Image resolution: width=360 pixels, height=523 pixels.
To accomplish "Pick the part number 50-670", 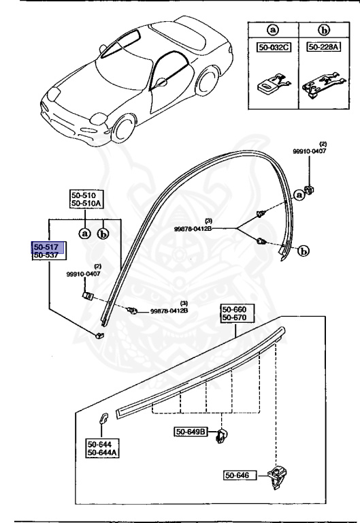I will pyautogui.click(x=233, y=318).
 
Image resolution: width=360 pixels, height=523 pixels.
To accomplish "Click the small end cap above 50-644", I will pyautogui.click(x=105, y=419).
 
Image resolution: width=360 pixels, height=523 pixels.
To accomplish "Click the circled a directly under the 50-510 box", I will pyautogui.click(x=85, y=234).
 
